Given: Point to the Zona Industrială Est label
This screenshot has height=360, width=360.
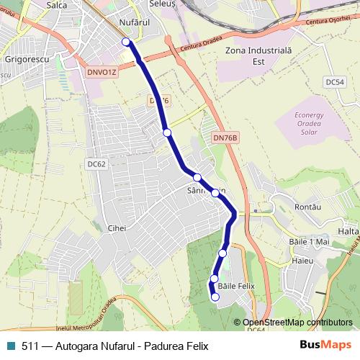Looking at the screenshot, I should [x=251, y=55].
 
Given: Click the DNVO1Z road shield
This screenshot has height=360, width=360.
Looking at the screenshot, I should [x=100, y=71].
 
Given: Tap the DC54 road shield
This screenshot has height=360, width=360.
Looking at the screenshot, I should [x=335, y=82].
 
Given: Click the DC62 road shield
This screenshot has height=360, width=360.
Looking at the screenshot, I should [x=96, y=164].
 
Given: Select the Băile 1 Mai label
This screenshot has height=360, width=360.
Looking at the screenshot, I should [x=307, y=242].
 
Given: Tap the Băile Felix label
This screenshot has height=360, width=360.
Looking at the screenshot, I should [x=242, y=286].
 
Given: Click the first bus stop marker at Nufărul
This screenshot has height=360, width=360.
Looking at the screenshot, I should [x=127, y=42].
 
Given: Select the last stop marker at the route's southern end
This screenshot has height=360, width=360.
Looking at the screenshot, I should [x=215, y=296].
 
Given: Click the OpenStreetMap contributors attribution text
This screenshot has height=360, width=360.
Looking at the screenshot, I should [x=297, y=323].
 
